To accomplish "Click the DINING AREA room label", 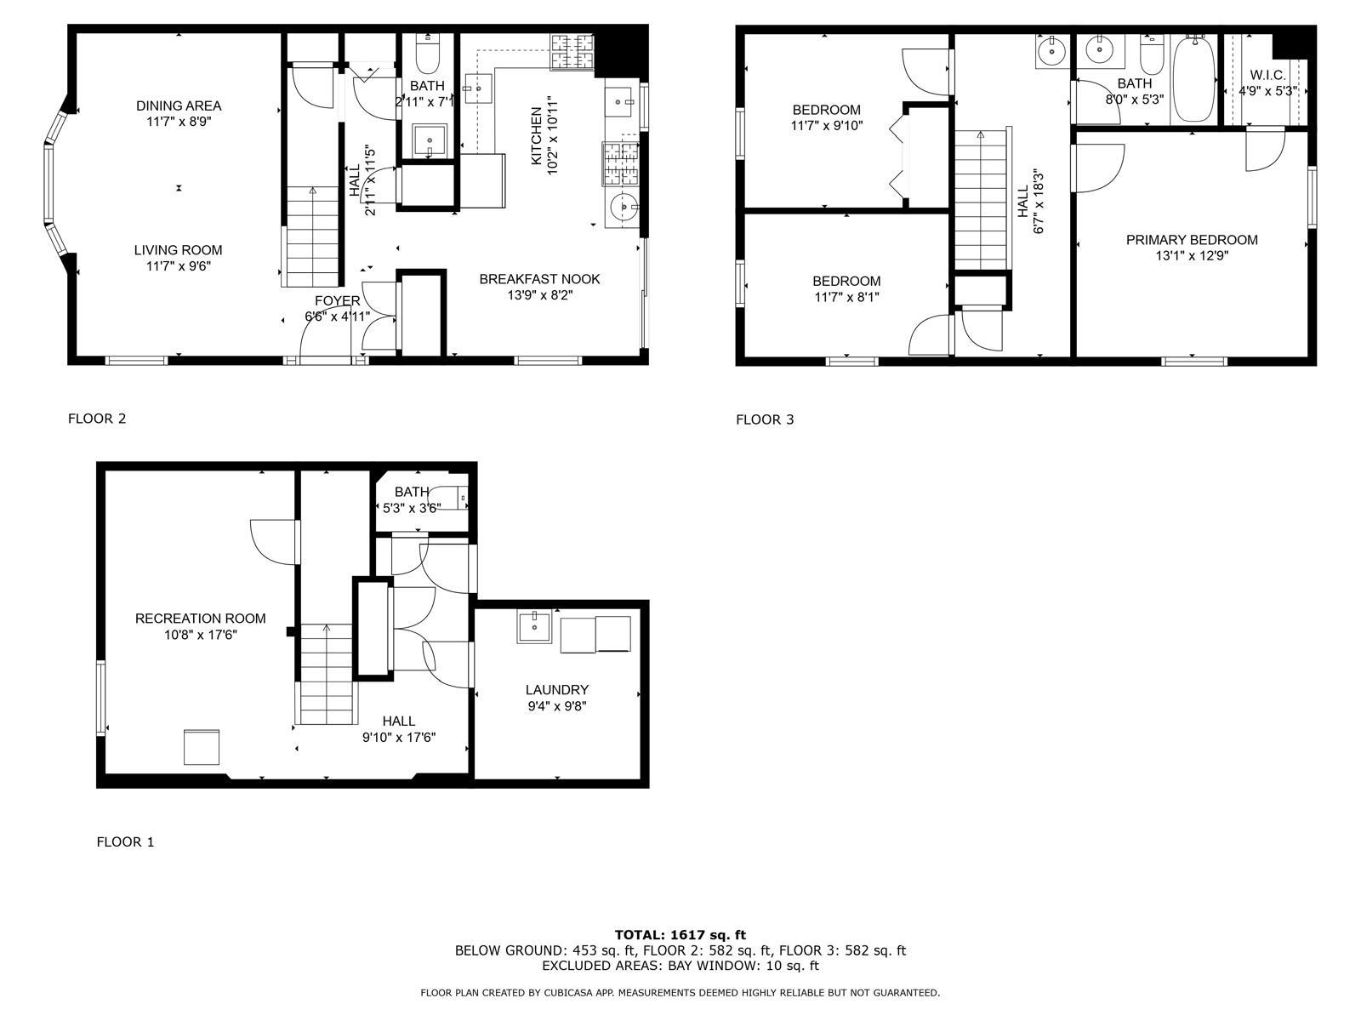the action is (179, 106).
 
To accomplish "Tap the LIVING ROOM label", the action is (178, 250).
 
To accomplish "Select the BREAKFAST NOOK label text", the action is (539, 280).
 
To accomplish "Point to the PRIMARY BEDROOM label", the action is (1192, 240).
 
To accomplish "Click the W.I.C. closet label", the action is (1267, 76).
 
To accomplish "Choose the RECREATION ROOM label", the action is (200, 619).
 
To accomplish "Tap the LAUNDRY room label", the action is (557, 690).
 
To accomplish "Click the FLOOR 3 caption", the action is (765, 419).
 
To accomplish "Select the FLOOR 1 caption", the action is (125, 841).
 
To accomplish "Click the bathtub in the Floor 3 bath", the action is (1194, 79).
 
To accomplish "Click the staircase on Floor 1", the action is (327, 674).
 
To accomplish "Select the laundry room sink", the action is (534, 627).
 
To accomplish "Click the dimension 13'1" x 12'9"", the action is (1192, 256).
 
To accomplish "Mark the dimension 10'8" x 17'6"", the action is (200, 635).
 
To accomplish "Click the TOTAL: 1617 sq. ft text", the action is (680, 935).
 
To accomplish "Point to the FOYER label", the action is (338, 301).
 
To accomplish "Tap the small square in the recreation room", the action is (202, 747).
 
